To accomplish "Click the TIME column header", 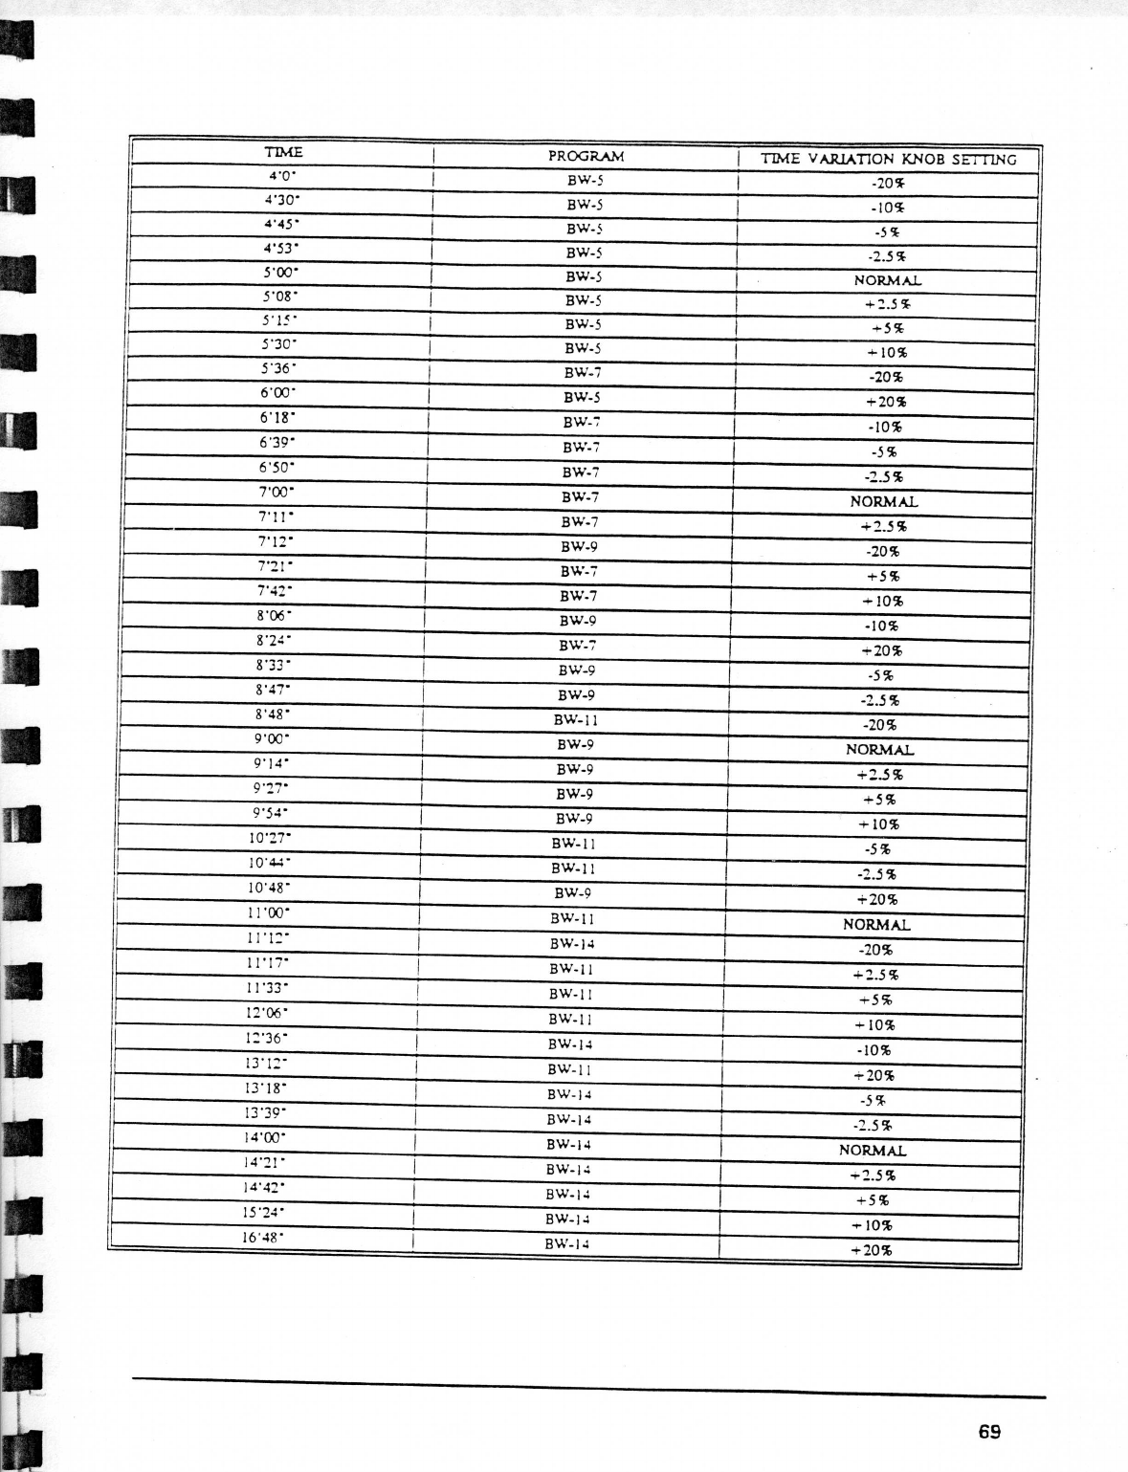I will click(x=283, y=152).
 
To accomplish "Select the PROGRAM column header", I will click(x=586, y=156).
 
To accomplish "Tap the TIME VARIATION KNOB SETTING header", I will click(x=888, y=160).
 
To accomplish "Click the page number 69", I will click(x=989, y=1432).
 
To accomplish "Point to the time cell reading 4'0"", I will click(x=282, y=176).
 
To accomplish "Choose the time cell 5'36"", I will click(x=278, y=368).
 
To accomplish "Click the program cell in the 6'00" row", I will click(x=582, y=397).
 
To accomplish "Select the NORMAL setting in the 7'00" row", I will click(x=883, y=501).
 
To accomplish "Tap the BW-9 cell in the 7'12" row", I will click(x=579, y=547).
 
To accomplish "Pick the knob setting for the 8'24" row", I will click(x=881, y=650).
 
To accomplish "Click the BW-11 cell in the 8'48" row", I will click(x=576, y=720).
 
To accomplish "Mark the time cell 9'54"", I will click(x=271, y=813).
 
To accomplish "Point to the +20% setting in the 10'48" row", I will click(x=876, y=899).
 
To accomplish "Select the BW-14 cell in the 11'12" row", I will click(x=572, y=944).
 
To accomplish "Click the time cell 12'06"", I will click(x=267, y=1012).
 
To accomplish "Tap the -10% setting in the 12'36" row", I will click(x=874, y=1050).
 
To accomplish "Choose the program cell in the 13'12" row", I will click(x=569, y=1069).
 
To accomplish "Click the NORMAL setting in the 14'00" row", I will click(x=872, y=1151).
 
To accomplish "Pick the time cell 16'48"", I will click(x=263, y=1237).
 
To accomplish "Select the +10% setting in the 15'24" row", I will click(x=871, y=1225).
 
